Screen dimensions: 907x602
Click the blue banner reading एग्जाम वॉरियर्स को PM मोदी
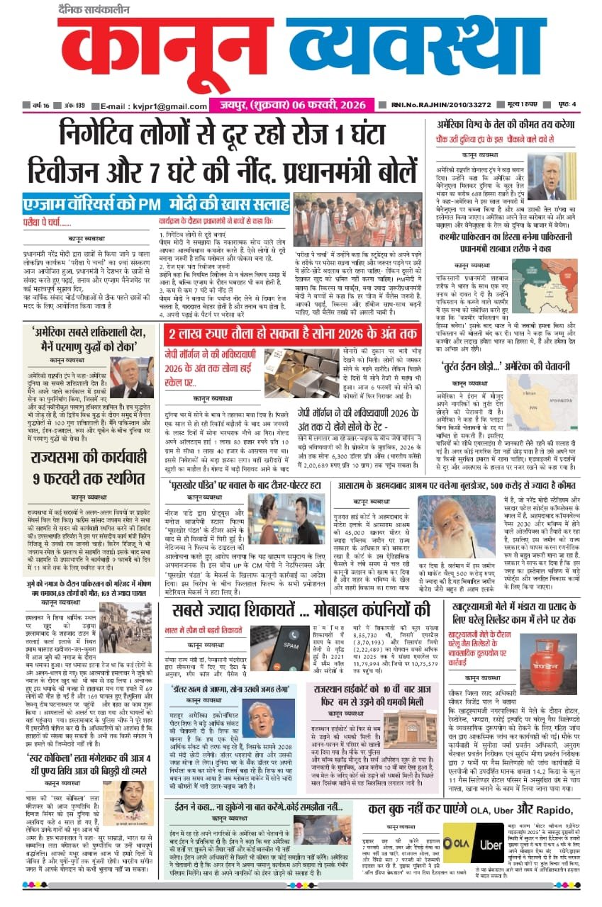156,204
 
